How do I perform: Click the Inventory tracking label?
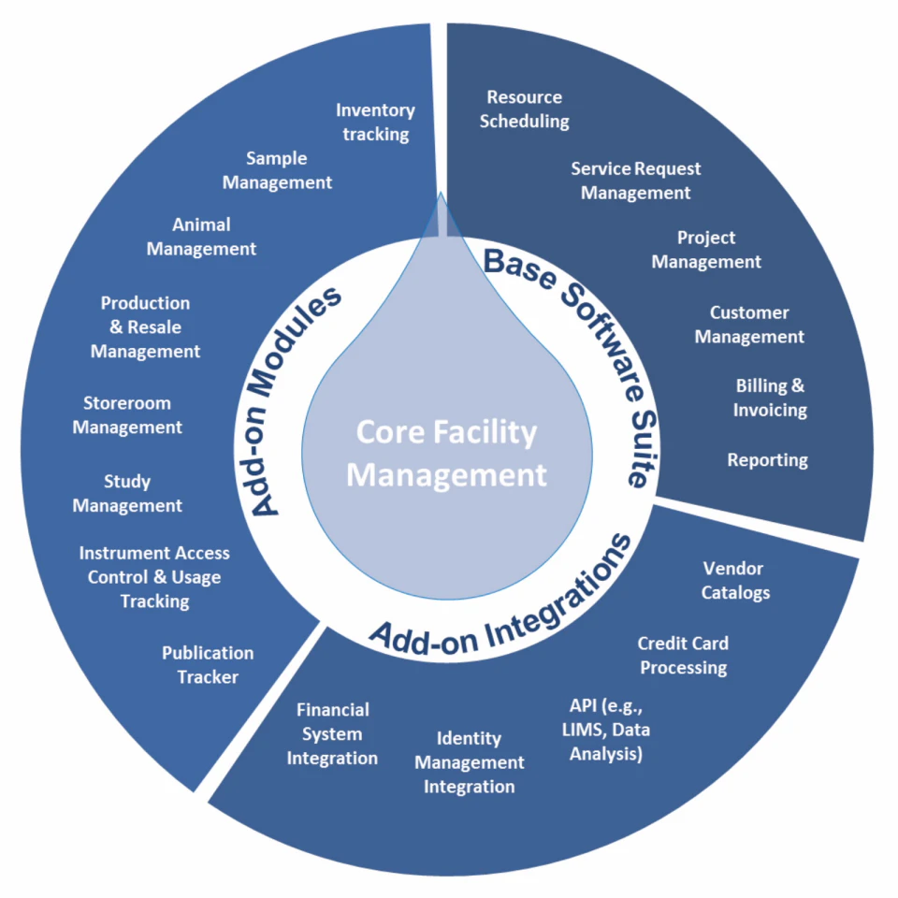(x=375, y=123)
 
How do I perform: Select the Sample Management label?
(x=277, y=170)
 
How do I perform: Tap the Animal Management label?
(x=201, y=237)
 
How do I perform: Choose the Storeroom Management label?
(x=127, y=415)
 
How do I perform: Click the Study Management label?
(x=127, y=494)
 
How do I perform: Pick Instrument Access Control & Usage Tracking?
(x=154, y=577)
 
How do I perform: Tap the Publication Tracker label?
(x=208, y=664)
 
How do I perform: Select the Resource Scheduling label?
(x=525, y=109)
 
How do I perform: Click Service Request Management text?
(x=636, y=181)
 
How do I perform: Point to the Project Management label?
(x=706, y=250)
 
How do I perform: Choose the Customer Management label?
(x=749, y=325)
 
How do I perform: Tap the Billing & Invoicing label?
(x=770, y=398)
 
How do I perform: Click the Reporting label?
(x=768, y=459)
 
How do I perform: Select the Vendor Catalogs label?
(x=733, y=580)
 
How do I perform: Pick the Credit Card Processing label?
(x=683, y=655)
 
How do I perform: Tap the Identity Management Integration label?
(x=469, y=762)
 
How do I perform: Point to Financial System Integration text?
(x=333, y=733)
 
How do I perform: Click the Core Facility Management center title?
(x=447, y=454)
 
